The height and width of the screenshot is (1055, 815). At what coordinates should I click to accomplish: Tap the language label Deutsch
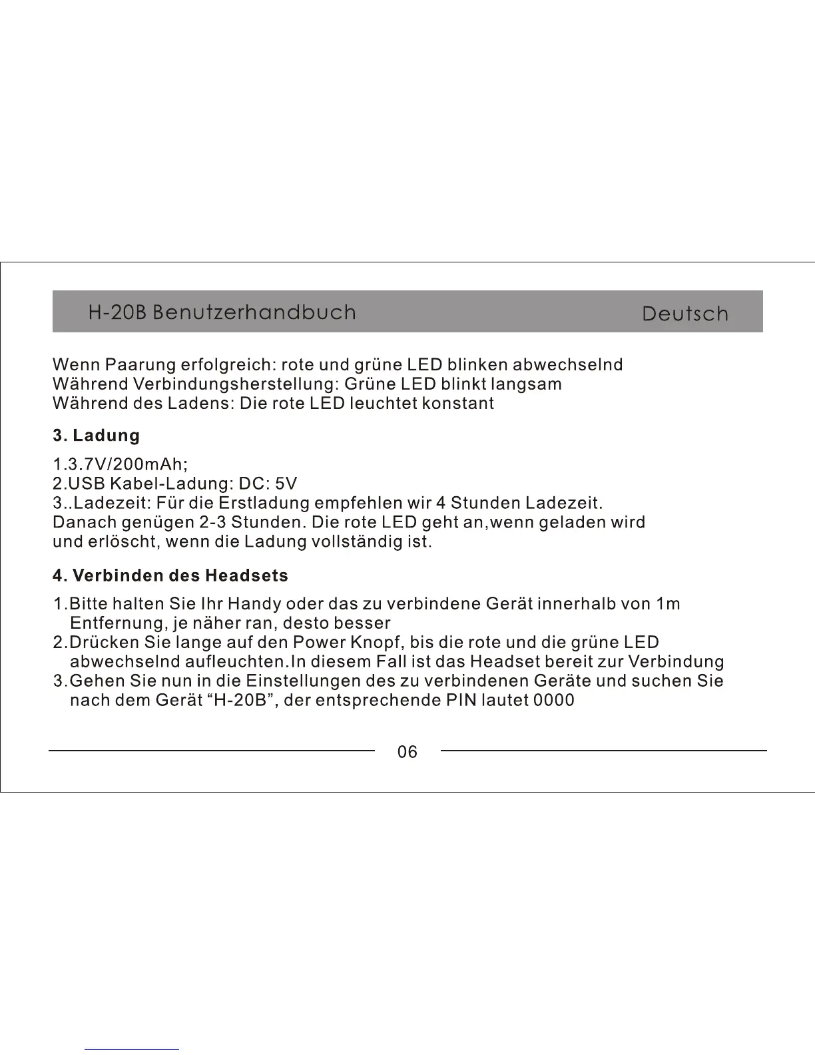[x=685, y=314]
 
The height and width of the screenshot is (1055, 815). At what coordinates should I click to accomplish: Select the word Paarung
[x=138, y=365]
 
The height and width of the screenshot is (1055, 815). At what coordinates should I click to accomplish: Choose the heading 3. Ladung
[x=97, y=436]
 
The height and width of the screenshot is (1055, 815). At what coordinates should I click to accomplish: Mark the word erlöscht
[x=123, y=541]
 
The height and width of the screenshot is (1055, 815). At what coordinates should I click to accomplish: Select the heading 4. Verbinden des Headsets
[x=170, y=575]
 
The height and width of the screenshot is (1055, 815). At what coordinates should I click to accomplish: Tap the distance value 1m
[x=667, y=604]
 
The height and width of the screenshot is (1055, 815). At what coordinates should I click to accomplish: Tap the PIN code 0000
[x=554, y=701]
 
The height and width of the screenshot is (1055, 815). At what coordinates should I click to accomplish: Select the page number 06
[x=407, y=752]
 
